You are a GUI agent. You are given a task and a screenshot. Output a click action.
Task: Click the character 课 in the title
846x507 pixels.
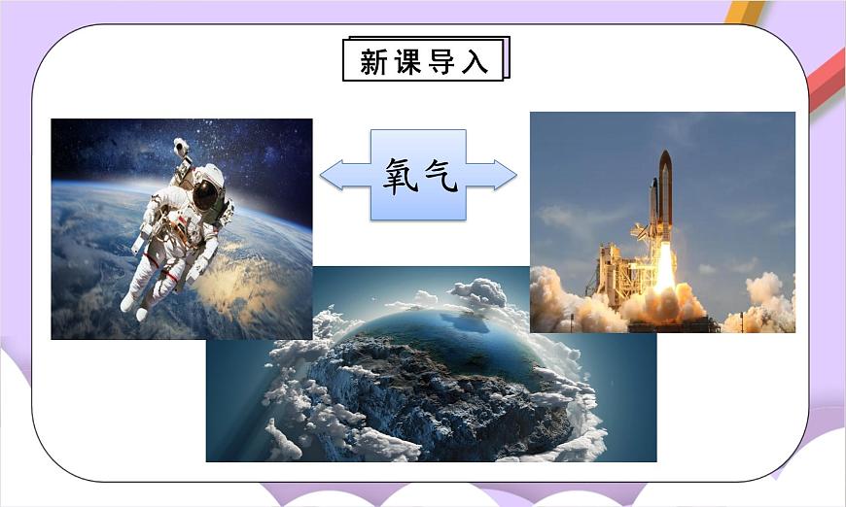pos(409,61)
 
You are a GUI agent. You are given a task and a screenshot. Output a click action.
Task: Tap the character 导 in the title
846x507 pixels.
pos(443,61)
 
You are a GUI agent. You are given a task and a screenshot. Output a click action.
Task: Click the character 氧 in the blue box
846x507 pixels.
pos(400,176)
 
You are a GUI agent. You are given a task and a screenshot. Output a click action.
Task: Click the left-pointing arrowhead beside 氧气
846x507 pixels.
pos(331,175)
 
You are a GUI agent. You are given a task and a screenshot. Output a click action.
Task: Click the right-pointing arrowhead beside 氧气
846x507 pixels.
pos(506,175)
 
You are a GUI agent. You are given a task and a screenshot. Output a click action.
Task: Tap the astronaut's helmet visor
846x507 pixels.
pos(205,194)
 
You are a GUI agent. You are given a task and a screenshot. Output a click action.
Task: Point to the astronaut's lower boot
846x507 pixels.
pos(129,303)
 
